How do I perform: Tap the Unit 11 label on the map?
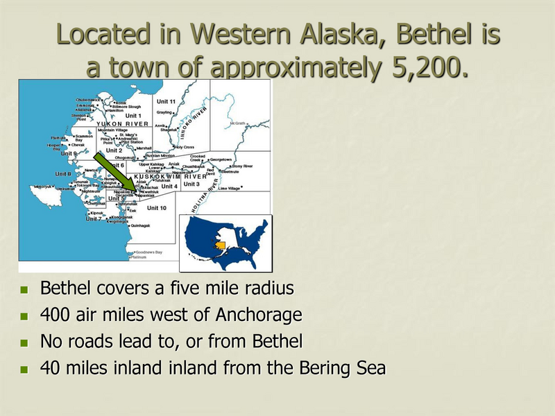click(x=166, y=101)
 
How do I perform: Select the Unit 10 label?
click(x=157, y=208)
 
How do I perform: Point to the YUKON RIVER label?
click(x=123, y=123)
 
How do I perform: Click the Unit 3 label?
click(x=191, y=184)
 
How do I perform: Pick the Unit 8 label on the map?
click(x=63, y=173)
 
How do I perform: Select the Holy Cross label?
click(x=184, y=147)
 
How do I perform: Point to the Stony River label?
click(x=242, y=166)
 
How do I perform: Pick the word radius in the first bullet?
click(x=266, y=288)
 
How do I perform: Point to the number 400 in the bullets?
click(x=54, y=315)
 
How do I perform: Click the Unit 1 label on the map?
click(x=133, y=116)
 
